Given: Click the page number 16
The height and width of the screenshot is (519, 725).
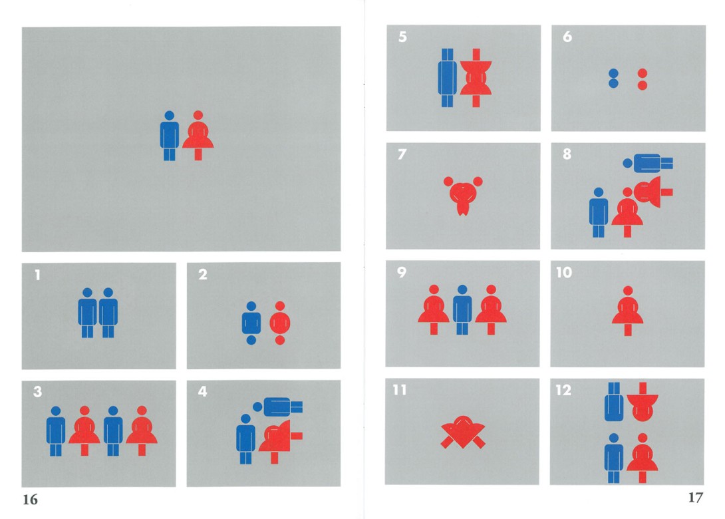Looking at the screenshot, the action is click(x=30, y=500).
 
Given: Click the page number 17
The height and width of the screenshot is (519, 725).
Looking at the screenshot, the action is click(x=696, y=498).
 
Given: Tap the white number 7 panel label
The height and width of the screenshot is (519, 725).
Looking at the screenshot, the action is click(x=402, y=154).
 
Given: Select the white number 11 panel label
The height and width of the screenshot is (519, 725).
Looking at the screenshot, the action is click(x=400, y=390).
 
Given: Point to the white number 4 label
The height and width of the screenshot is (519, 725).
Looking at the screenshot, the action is click(x=202, y=392).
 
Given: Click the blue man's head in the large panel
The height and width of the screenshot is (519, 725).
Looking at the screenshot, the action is click(x=169, y=115).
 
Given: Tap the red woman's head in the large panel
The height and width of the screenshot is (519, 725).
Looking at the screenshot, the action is click(x=198, y=115).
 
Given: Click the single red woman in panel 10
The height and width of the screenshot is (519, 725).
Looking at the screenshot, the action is click(x=627, y=311).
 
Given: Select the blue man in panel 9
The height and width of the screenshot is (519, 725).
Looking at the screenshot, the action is click(x=462, y=309).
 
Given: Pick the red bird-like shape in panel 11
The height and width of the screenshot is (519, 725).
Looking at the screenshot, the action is click(x=463, y=432).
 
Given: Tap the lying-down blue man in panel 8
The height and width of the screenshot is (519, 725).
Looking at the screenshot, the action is click(x=648, y=163).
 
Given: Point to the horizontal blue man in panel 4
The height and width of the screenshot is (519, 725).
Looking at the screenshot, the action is click(x=277, y=407).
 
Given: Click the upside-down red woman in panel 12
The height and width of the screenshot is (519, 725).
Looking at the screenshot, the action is click(x=643, y=402).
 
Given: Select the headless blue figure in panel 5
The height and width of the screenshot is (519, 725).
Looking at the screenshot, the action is click(x=447, y=78).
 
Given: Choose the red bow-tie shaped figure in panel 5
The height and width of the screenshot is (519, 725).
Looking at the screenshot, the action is click(x=476, y=78).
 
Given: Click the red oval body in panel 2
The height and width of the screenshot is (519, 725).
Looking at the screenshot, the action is click(x=280, y=323).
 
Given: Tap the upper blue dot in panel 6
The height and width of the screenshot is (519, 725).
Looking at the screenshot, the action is click(x=613, y=73).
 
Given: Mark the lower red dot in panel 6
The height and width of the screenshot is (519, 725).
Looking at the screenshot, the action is click(x=643, y=85).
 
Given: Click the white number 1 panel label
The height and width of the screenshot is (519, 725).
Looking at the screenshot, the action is click(x=37, y=275).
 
